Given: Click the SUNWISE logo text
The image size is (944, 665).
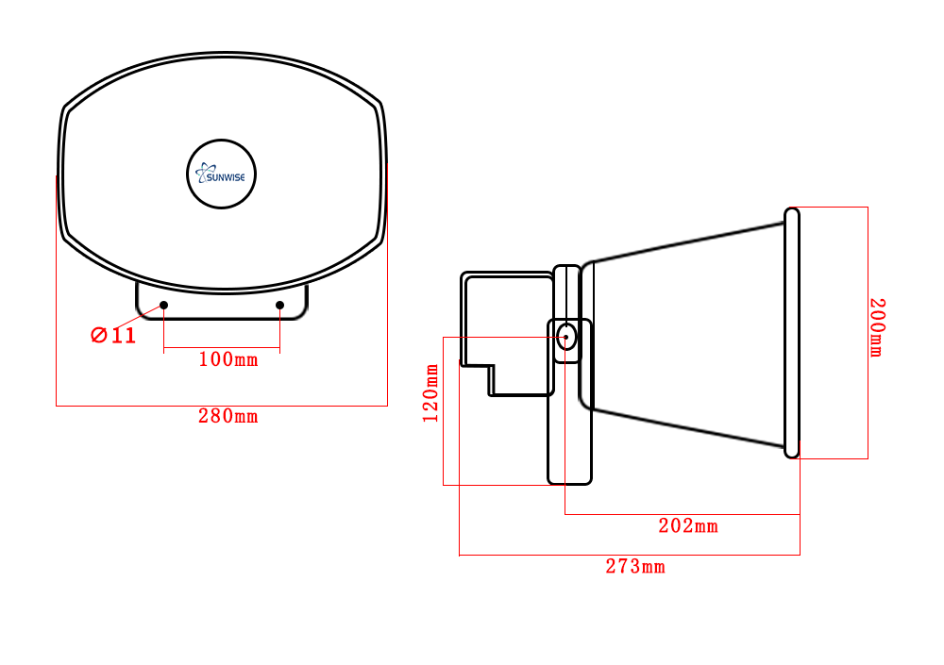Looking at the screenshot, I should (227, 175).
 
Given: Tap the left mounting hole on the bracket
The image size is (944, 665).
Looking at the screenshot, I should (164, 305).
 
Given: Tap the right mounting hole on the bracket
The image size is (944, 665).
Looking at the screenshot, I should (279, 305).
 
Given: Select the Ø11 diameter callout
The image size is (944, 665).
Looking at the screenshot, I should (113, 335).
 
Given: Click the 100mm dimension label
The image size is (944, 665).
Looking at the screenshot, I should (227, 359).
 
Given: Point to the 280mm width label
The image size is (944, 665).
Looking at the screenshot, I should (228, 415).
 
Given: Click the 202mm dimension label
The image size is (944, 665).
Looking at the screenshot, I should (688, 525).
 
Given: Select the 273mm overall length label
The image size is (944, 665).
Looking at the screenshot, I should (635, 566).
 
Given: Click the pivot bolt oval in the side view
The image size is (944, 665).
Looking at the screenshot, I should (566, 336).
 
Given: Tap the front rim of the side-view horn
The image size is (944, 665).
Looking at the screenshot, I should (792, 332).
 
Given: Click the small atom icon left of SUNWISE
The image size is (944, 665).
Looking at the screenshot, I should (201, 174).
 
